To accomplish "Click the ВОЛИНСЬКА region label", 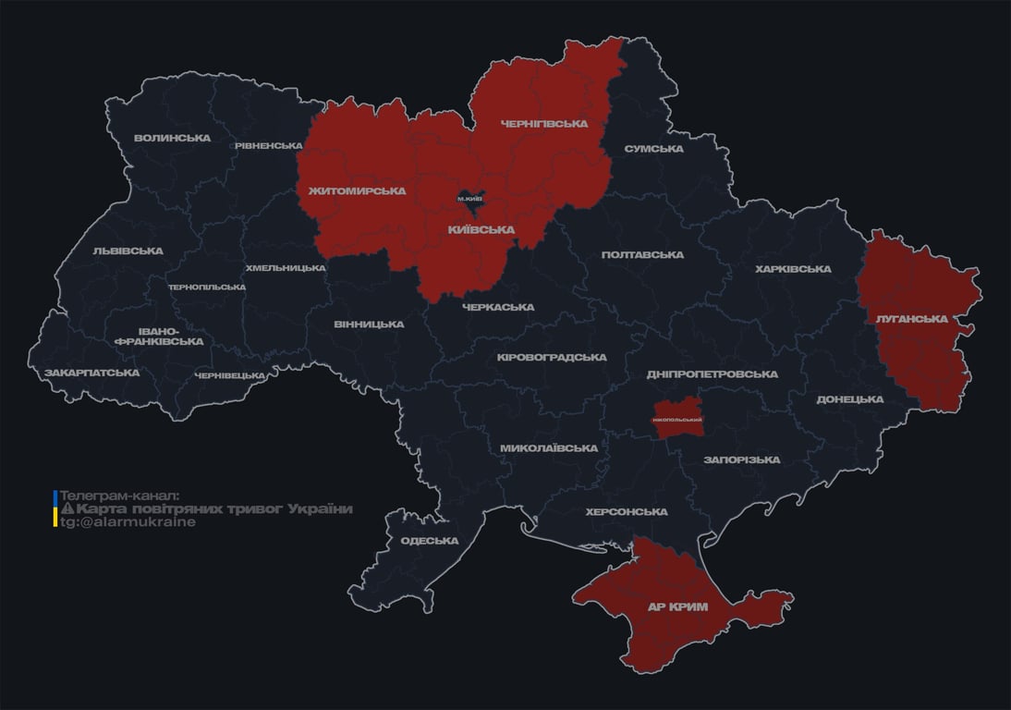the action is click(172, 139).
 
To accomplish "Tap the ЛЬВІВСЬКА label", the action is click(128, 251).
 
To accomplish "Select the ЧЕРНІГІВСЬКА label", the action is click(543, 124).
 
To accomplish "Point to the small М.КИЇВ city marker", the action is click(470, 198).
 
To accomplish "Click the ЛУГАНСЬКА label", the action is click(911, 319).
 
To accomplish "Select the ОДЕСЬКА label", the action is click(430, 542).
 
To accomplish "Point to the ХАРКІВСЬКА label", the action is click(793, 270).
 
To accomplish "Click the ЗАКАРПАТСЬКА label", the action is click(92, 373).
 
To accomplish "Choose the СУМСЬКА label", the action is click(653, 149).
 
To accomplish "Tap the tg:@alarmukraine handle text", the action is click(128, 522).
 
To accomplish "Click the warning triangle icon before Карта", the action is click(67, 509).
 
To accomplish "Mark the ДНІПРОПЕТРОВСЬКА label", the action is click(712, 374).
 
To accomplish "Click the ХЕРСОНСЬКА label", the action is click(627, 512).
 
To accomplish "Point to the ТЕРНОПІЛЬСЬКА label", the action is click(207, 288).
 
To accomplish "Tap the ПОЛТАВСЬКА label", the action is click(642, 255).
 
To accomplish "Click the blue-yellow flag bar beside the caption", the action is click(55, 509).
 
